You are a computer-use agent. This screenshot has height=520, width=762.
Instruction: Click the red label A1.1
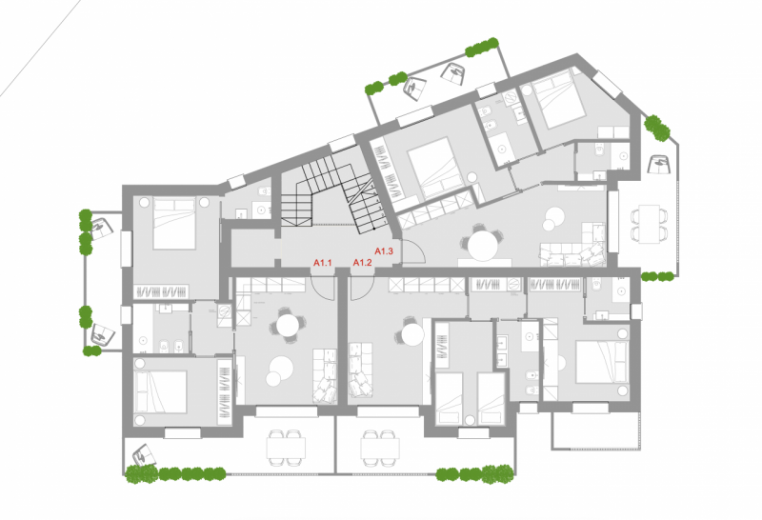tap(322, 263)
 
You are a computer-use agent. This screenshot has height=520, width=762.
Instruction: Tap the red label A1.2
tap(363, 263)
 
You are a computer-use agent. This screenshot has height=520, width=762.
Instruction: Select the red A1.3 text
tap(384, 251)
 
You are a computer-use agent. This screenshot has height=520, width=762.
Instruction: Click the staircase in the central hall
tap(336, 197)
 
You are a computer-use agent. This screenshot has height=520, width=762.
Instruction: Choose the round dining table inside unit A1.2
tap(412, 334)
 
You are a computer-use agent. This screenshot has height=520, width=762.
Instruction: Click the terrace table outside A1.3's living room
tap(649, 224)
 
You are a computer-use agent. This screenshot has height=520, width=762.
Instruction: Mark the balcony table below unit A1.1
tap(286, 448)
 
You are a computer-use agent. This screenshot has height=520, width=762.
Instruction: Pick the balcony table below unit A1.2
tap(380, 448)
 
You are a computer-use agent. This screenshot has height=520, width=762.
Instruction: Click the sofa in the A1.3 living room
tap(573, 248)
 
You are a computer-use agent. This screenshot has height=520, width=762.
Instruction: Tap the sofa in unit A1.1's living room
tap(324, 375)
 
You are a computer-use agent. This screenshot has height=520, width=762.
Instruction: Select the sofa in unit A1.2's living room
tap(361, 370)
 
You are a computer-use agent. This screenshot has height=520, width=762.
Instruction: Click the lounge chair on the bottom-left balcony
tap(143, 455)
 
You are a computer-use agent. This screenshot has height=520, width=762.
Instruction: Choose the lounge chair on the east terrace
tap(660, 164)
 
